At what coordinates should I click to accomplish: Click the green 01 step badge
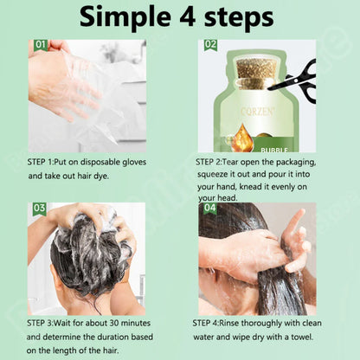[41, 45]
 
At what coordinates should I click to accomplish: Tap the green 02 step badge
[210, 44]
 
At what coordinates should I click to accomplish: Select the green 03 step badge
[39, 209]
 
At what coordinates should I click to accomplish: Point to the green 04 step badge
[209, 209]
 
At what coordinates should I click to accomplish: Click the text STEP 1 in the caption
[44, 162]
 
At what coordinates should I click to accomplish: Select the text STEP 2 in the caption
[213, 162]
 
